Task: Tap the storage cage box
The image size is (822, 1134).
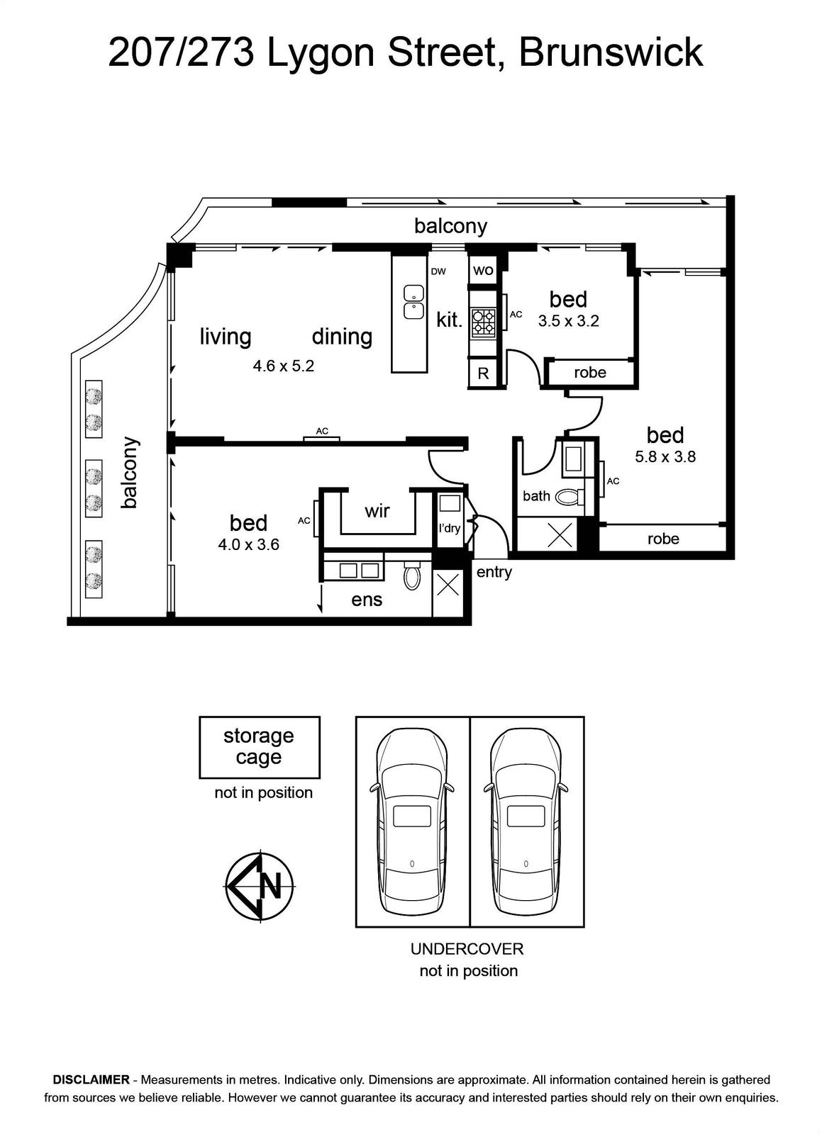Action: (x=260, y=747)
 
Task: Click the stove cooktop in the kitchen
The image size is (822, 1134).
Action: (x=484, y=323)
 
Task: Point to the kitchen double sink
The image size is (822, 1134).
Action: (x=413, y=302)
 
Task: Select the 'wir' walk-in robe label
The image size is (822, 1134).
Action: (x=377, y=511)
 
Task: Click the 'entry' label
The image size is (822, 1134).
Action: (x=494, y=573)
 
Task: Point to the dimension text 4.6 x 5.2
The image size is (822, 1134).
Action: (x=284, y=366)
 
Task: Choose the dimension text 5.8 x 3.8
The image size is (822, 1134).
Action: (x=665, y=456)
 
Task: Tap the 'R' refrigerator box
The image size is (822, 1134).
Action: (x=483, y=373)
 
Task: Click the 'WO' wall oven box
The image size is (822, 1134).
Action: (x=483, y=270)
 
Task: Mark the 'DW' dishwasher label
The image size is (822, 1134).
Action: (x=438, y=272)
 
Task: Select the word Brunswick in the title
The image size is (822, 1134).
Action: (x=611, y=52)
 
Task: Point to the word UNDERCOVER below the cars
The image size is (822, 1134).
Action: (x=467, y=949)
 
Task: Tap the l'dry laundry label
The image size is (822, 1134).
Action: (x=449, y=529)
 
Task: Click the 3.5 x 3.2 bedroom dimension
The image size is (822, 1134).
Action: (x=569, y=321)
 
